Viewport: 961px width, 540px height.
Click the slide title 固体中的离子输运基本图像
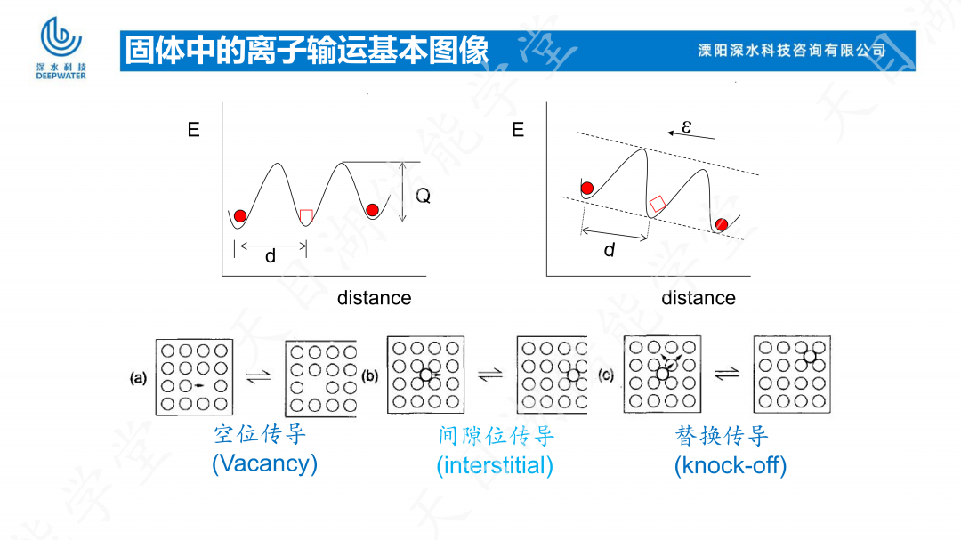307,51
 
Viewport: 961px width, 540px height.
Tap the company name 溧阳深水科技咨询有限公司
792,51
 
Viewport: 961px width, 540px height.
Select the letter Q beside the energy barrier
424,197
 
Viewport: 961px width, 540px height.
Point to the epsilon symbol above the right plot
686,127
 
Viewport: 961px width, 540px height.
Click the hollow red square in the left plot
306,215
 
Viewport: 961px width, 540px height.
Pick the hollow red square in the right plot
658,204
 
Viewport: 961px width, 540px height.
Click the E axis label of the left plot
193,130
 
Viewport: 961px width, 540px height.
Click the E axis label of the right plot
518,130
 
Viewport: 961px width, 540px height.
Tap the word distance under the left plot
374,298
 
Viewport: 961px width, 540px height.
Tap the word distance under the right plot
699,298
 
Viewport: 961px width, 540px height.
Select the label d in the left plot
271,257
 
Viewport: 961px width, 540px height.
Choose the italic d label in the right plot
610,250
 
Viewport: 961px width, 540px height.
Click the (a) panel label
138,378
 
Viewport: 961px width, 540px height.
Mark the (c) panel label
607,376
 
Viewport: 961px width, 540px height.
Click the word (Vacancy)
264,463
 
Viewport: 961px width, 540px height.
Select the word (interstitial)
495,465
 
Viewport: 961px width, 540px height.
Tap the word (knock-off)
731,465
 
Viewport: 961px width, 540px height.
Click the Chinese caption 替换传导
722,436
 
